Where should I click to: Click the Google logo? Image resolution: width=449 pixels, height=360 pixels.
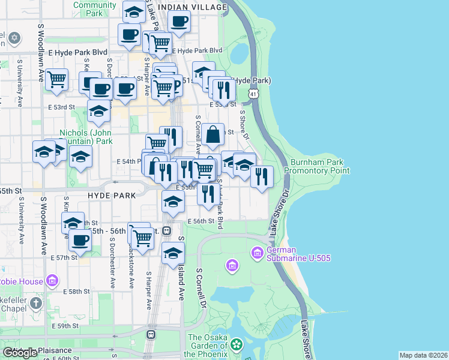point(20,353)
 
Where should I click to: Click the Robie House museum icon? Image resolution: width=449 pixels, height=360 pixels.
point(52,280)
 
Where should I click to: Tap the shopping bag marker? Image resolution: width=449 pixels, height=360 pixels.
point(213,134)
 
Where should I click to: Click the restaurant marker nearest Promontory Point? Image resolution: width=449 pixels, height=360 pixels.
point(261,176)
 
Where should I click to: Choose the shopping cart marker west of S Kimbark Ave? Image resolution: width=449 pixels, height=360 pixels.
point(57,79)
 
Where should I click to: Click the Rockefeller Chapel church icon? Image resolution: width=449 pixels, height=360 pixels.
point(37,303)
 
